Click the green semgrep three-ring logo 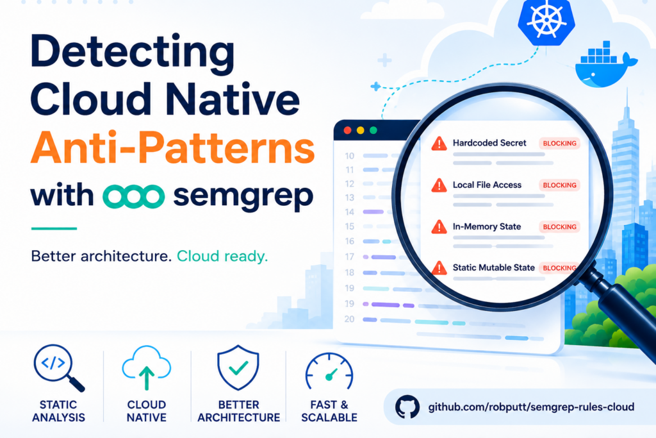click(133, 196)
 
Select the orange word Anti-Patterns click(173, 147)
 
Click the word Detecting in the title click(133, 54)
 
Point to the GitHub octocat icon click(407, 407)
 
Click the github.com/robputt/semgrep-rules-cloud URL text click(531, 407)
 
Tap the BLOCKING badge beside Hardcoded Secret click(559, 143)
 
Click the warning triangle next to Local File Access click(439, 185)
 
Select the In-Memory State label click(487, 226)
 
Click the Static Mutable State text click(494, 267)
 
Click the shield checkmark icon click(238, 367)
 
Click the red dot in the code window click(347, 130)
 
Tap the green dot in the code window click(373, 130)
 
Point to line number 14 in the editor click(350, 212)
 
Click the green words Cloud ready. click(222, 256)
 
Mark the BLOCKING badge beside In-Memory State click(559, 227)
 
